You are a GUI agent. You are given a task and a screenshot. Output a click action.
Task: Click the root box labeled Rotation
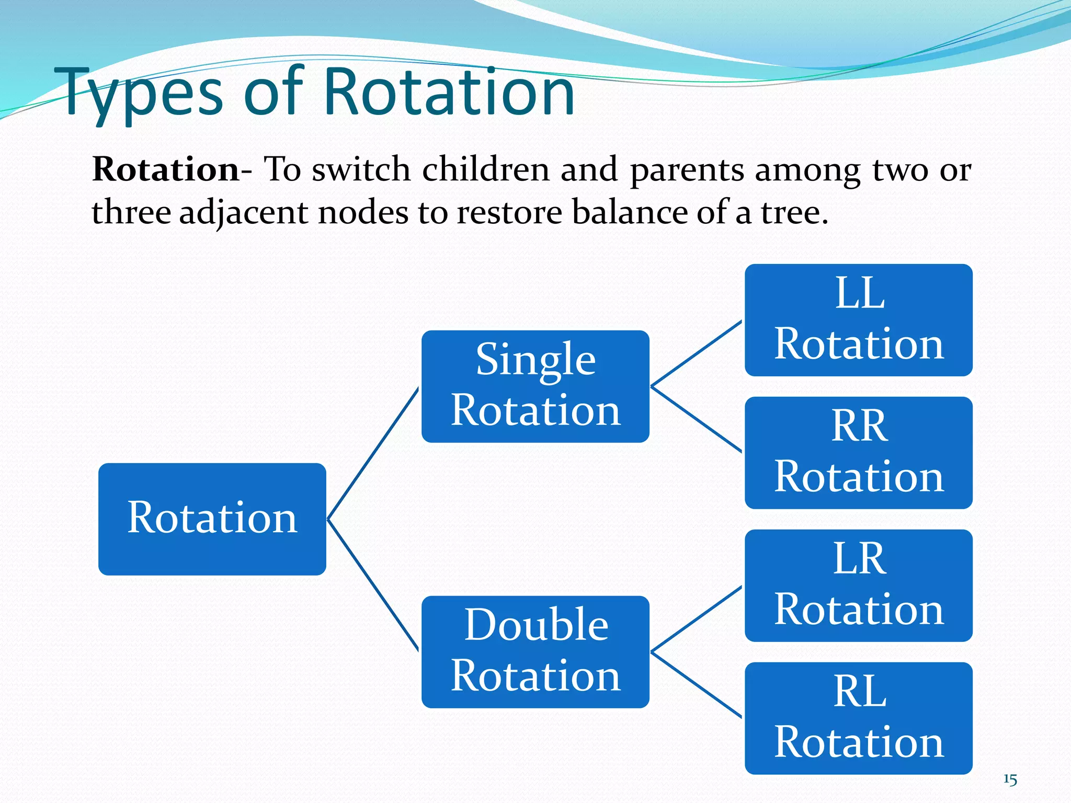pos(212,519)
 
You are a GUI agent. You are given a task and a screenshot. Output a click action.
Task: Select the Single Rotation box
pos(535,386)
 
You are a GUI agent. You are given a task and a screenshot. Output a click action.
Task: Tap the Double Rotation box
pos(535,651)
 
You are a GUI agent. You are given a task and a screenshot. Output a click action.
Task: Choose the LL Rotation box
pos(858,319)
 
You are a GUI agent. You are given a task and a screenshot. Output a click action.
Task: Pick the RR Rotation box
pos(858,452)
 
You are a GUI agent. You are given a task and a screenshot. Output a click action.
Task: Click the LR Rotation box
pos(858,585)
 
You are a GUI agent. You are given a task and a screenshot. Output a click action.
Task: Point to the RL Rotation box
pos(858,718)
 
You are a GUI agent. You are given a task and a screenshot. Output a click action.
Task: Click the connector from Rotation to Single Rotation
pos(373,453)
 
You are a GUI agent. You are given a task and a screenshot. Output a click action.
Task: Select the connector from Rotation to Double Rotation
pos(373,585)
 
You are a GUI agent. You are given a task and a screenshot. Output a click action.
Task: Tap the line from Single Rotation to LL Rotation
pos(696,354)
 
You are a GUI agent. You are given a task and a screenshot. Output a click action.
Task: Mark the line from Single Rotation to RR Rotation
pos(696,419)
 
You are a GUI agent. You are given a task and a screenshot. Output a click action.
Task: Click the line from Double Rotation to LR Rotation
pos(696,620)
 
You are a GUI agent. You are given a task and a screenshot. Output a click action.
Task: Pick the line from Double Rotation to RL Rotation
pos(696,685)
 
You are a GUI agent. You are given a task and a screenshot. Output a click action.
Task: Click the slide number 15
pos(1010,780)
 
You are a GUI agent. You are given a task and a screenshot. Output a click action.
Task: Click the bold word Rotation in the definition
pos(166,169)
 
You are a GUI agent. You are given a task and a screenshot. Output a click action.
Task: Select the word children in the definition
pos(485,169)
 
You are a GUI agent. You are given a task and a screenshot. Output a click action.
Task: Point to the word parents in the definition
pos(687,170)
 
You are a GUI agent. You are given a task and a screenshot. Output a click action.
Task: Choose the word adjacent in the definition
pos(243,213)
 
